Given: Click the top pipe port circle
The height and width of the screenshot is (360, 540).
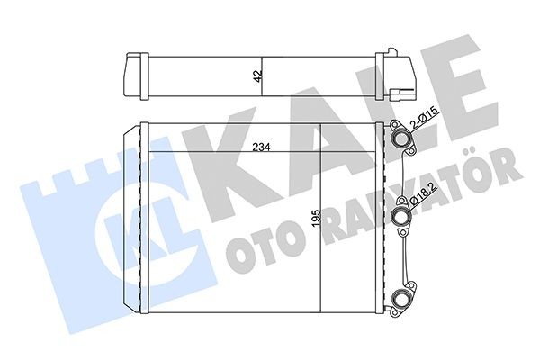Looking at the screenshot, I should coord(400,138).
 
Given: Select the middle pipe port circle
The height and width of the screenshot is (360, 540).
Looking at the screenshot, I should coord(400,216).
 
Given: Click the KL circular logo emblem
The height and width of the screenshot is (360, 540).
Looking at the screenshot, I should coord(130,216).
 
